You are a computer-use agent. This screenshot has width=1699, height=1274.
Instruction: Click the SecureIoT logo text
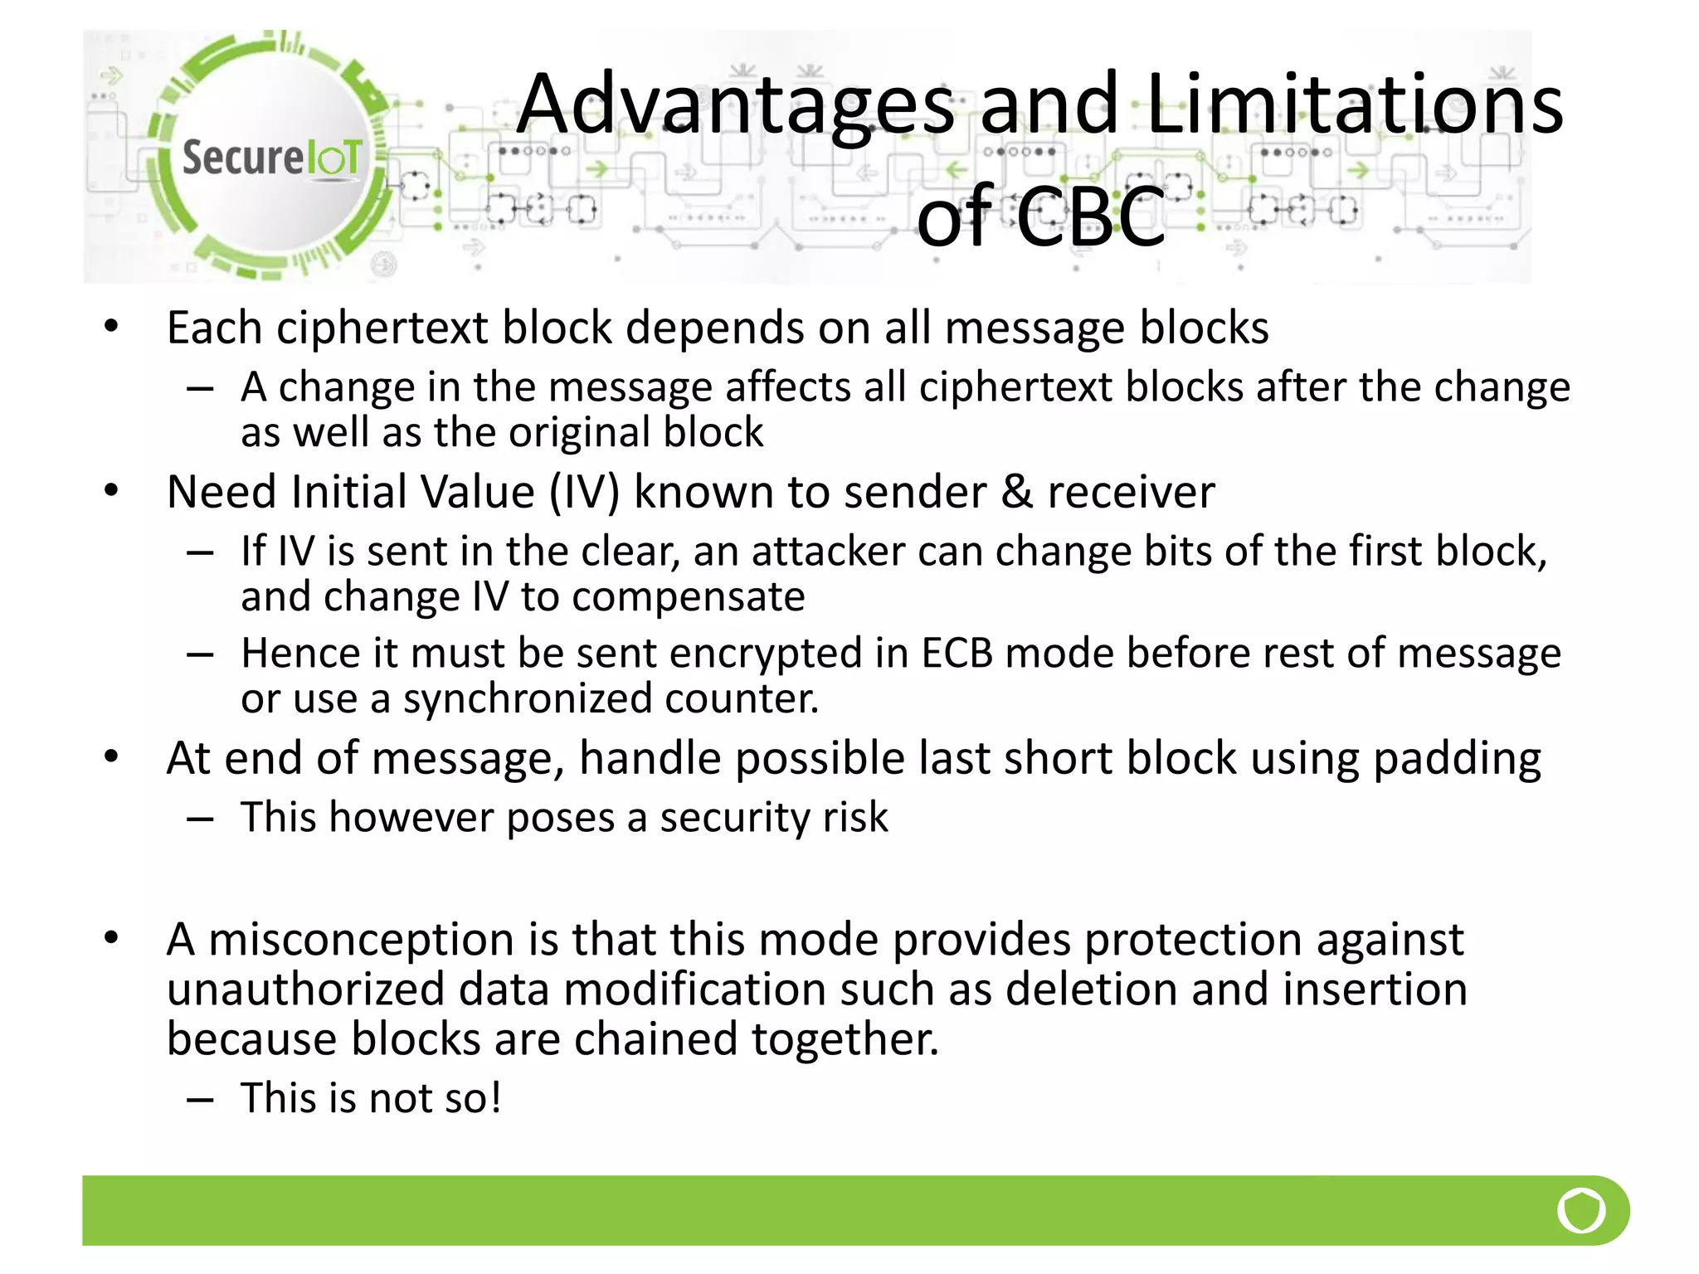(271, 158)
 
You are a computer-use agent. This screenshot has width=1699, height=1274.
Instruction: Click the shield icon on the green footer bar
(1581, 1210)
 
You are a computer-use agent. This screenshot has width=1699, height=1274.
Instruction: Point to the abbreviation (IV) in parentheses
(584, 492)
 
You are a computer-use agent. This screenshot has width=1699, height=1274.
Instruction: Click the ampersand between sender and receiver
(1017, 492)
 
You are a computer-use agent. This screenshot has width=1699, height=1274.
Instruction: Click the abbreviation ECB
(957, 654)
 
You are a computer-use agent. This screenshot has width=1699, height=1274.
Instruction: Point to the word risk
(855, 818)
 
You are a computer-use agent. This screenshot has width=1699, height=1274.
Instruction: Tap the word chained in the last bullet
(655, 1039)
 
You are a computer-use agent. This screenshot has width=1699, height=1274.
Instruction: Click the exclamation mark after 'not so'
(495, 1098)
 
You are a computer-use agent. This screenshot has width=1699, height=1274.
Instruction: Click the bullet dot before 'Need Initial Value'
(111, 491)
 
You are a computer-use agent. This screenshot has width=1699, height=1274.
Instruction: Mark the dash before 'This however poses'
(200, 819)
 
